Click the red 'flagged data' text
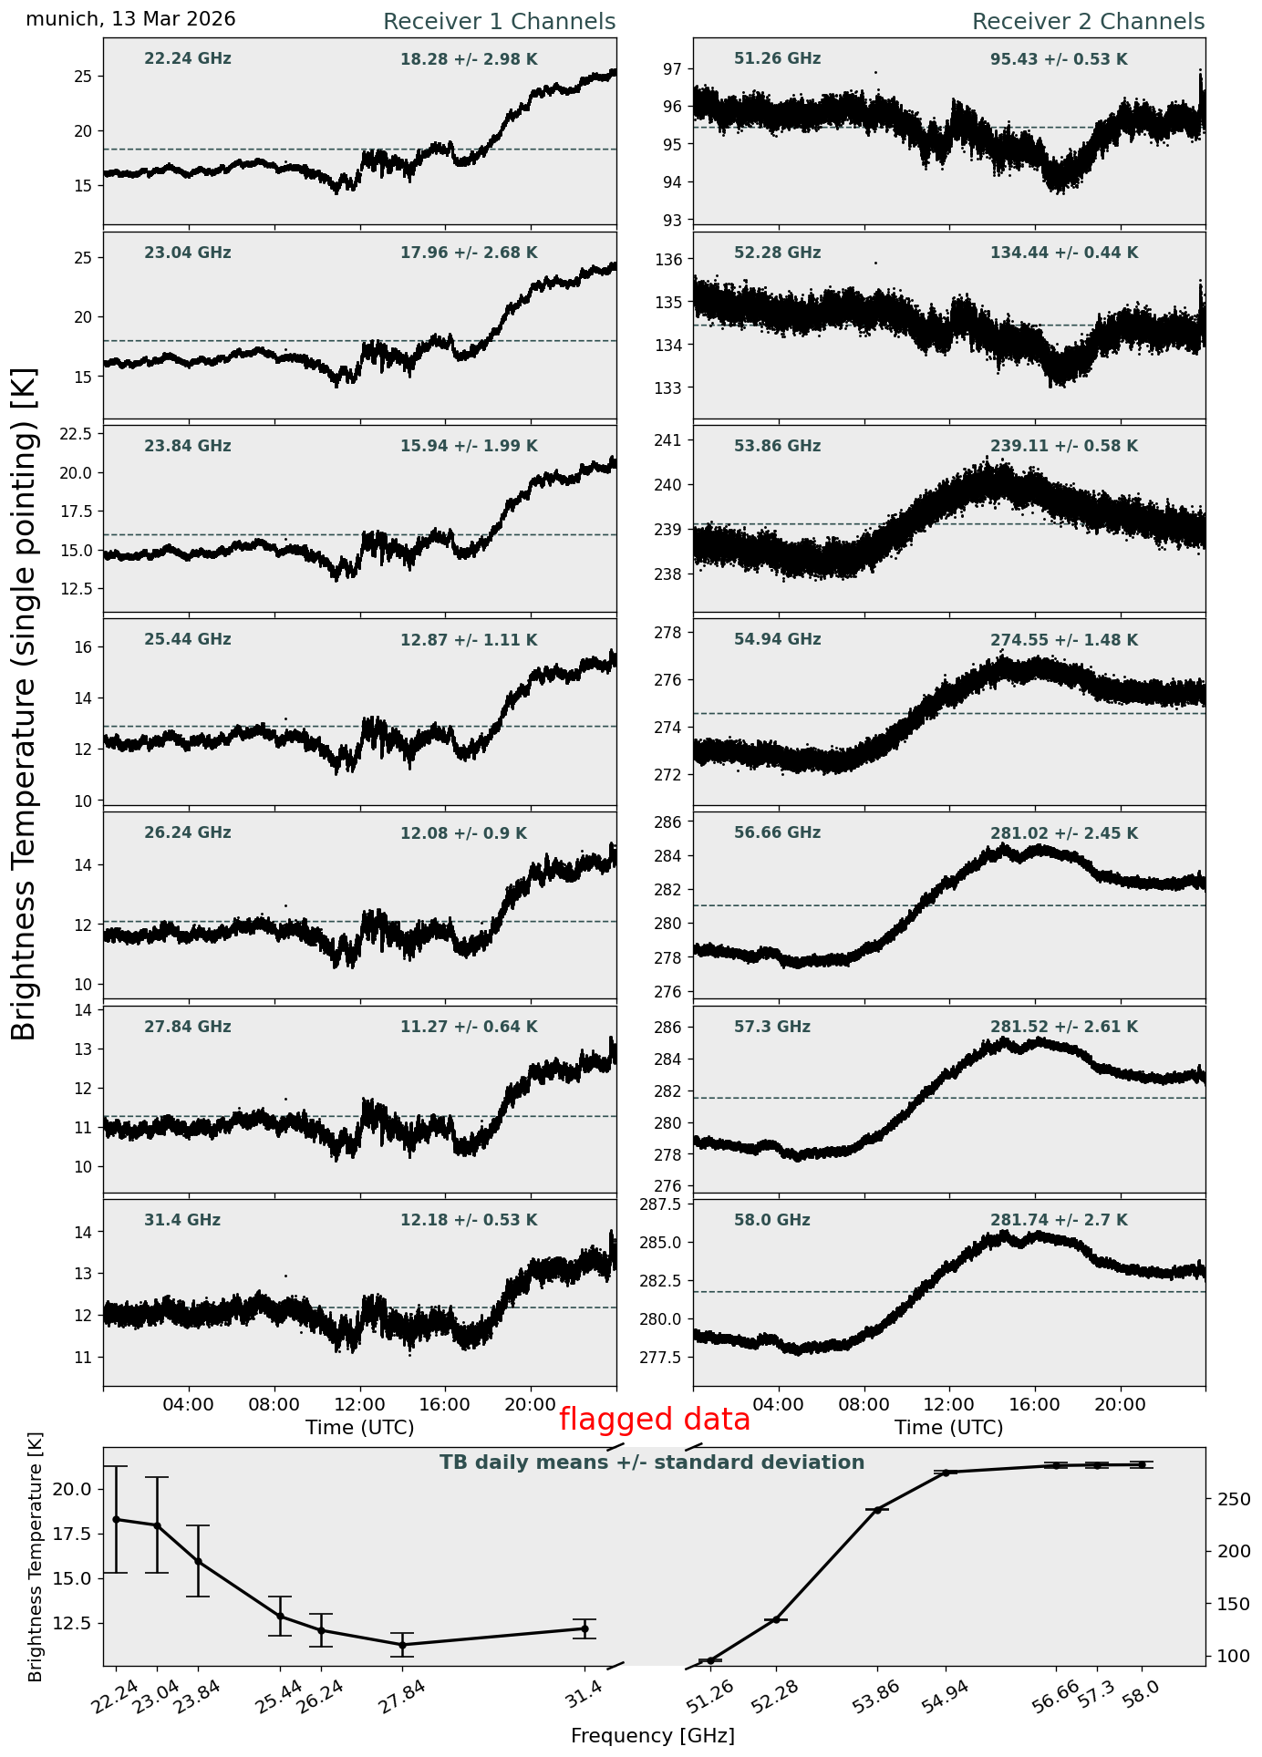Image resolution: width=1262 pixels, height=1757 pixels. (x=655, y=1420)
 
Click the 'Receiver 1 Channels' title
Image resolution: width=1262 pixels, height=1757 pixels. (x=499, y=22)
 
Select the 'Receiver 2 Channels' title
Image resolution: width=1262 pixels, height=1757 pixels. (x=1089, y=22)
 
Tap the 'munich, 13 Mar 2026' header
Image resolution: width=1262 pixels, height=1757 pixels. (x=130, y=19)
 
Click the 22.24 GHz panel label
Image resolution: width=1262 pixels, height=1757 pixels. (x=188, y=59)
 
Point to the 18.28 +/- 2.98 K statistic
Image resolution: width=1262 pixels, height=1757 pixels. (x=469, y=59)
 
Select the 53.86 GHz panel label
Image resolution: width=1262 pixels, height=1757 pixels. (x=777, y=446)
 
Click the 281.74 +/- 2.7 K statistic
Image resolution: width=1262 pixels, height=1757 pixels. (x=1059, y=1220)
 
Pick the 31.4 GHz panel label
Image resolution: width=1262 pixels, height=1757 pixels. (x=182, y=1220)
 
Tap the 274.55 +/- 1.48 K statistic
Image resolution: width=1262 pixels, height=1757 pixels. (x=1064, y=640)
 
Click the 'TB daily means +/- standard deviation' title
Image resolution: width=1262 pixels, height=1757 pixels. (x=652, y=1463)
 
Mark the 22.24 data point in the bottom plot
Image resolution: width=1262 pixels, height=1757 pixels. (x=116, y=1519)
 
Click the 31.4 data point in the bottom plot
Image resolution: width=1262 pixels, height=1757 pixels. (x=584, y=1628)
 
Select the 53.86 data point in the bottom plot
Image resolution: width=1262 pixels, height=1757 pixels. (x=877, y=1511)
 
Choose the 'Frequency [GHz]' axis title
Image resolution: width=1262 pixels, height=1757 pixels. (x=653, y=1736)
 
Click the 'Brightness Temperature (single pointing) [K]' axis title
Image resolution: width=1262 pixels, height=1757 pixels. (x=25, y=703)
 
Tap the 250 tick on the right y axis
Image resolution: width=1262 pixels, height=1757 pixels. (x=1229, y=1500)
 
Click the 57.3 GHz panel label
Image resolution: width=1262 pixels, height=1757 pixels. (x=772, y=1027)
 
